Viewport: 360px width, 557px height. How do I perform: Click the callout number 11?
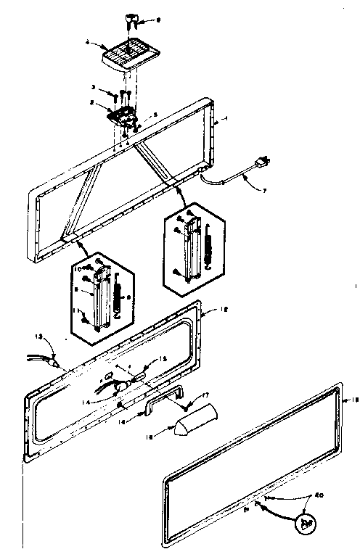coord(77,310)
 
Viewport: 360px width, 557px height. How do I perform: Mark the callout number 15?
coord(163,358)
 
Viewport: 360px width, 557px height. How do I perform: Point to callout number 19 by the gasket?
coord(346,400)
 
